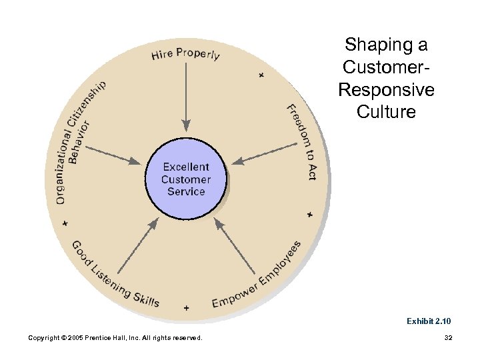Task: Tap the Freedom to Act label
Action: [302, 142]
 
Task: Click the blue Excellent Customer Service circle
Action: [186, 179]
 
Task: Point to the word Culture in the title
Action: [386, 111]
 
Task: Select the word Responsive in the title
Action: [386, 89]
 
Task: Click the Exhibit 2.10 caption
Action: [429, 321]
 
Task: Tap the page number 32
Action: [448, 338]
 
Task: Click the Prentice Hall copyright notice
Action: [115, 338]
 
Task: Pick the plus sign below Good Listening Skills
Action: [186, 307]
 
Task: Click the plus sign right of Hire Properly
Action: [261, 75]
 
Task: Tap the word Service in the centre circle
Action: [186, 191]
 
